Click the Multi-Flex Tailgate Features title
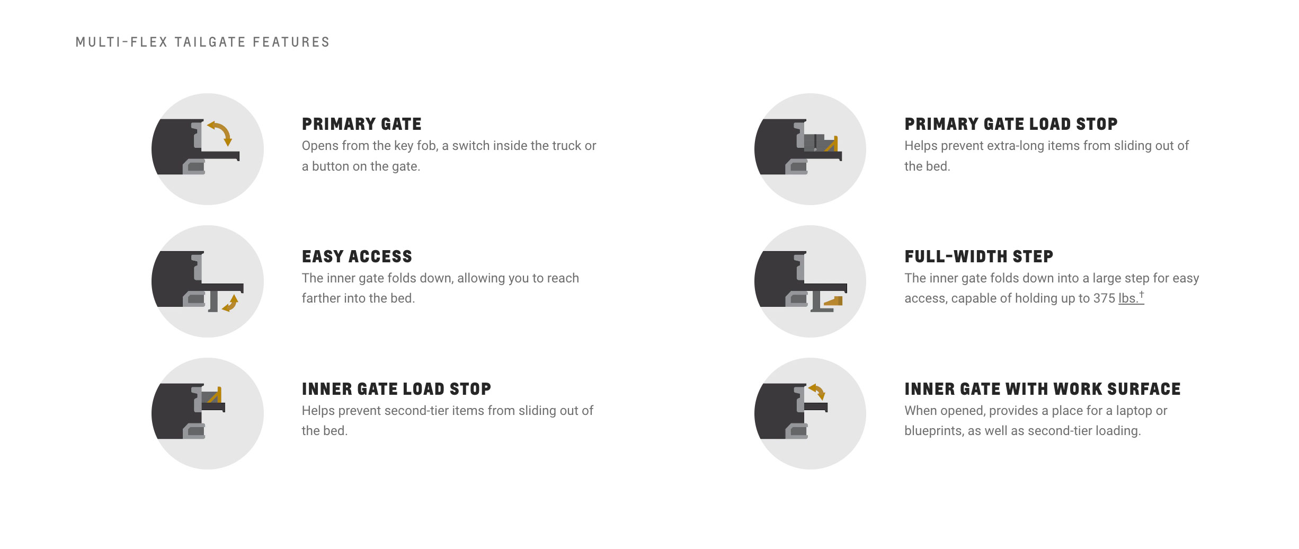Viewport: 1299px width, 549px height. (202, 42)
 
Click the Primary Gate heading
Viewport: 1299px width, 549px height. (362, 124)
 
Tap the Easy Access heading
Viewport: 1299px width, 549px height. (357, 256)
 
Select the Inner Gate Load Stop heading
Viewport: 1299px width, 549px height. (396, 389)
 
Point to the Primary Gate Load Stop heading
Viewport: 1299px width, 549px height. (1011, 124)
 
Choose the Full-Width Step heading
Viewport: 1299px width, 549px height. (979, 256)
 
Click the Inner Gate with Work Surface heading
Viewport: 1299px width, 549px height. (1043, 389)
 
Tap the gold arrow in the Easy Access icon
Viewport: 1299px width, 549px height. (231, 304)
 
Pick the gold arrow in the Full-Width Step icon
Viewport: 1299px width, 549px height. (833, 301)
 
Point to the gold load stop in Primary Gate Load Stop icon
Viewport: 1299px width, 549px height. (832, 144)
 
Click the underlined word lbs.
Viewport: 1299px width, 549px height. (1128, 298)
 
